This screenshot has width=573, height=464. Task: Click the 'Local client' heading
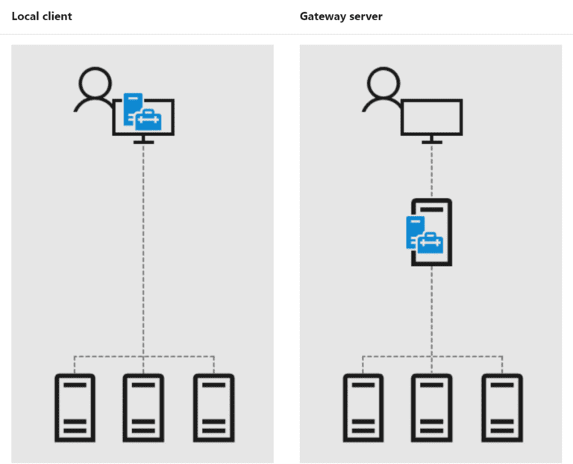point(42,16)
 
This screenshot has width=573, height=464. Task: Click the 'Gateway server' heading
point(341,16)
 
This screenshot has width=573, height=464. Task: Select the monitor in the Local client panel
point(143,120)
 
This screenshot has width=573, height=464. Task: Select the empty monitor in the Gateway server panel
point(431,117)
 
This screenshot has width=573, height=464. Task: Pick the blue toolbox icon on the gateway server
point(430,242)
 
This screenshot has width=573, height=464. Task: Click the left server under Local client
point(75,408)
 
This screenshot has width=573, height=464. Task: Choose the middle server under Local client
point(143,408)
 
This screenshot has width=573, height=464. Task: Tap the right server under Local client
point(213,408)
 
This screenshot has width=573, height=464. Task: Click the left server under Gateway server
point(363,408)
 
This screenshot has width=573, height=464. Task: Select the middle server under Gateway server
point(432,408)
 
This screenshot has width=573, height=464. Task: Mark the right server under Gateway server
point(501,408)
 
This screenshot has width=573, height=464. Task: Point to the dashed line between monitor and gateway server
point(431,170)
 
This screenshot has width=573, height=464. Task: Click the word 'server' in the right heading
point(366,16)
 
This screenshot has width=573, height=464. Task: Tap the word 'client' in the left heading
point(57,16)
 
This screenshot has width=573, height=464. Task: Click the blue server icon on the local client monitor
point(132,106)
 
